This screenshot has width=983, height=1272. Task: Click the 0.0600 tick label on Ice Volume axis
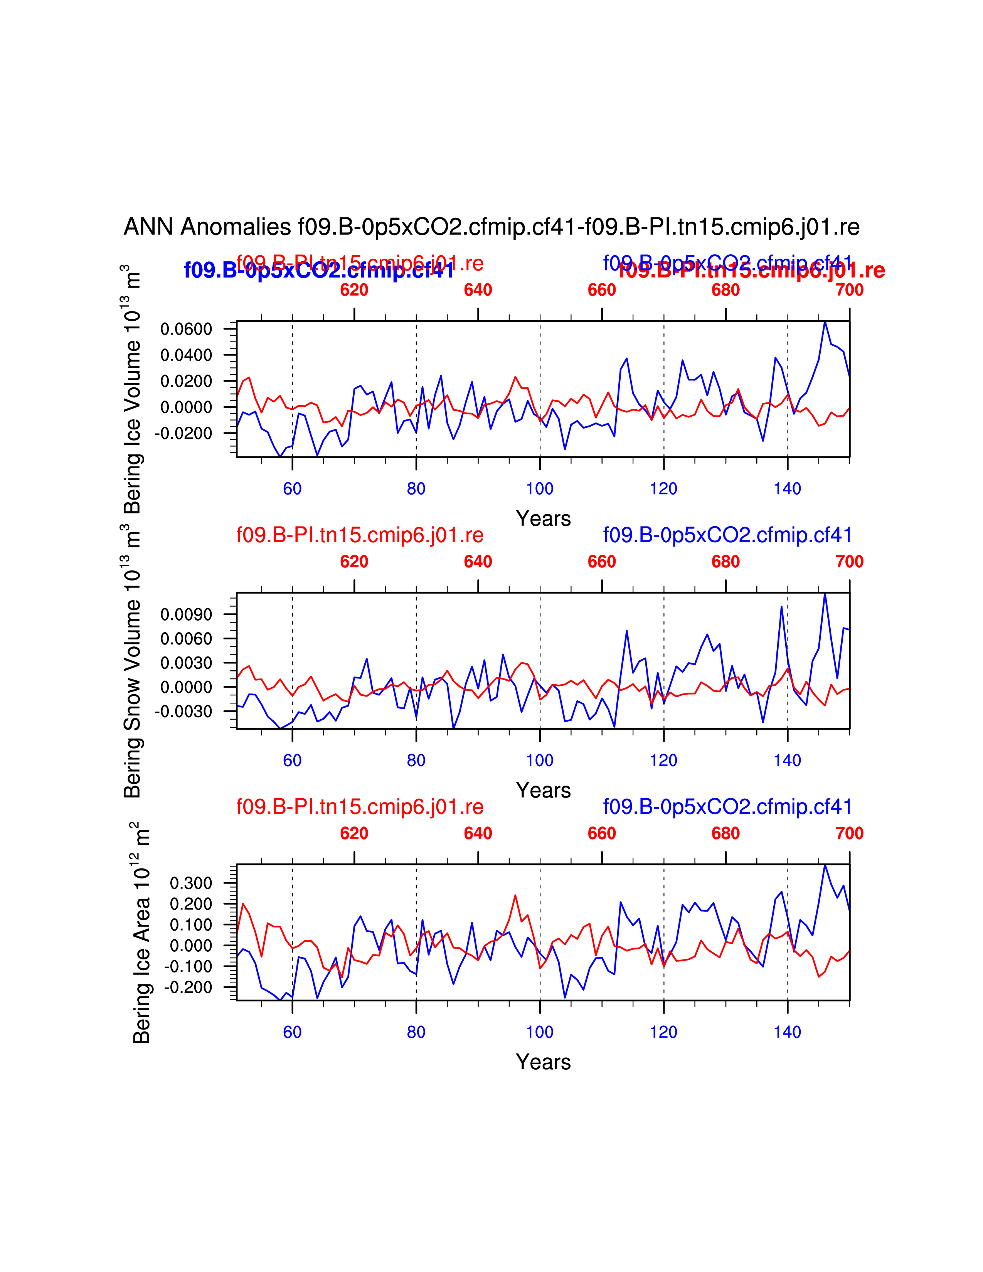[186, 329]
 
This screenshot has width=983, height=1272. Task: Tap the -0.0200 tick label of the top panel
[183, 433]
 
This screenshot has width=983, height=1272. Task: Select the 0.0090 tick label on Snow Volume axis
[186, 614]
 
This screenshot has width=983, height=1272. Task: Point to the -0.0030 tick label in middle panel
[183, 711]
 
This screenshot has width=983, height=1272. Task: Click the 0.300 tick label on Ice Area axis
[191, 883]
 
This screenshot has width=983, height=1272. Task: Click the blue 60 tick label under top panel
[292, 489]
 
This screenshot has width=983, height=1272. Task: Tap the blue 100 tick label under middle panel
[540, 760]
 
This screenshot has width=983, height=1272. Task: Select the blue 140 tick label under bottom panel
[787, 1032]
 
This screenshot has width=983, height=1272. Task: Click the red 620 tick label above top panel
[354, 290]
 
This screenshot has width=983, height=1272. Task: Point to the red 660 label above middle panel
[602, 562]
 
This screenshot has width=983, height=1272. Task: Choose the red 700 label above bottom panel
[849, 833]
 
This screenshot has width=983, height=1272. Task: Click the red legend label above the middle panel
[360, 535]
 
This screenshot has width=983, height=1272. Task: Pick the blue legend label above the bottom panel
[727, 807]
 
